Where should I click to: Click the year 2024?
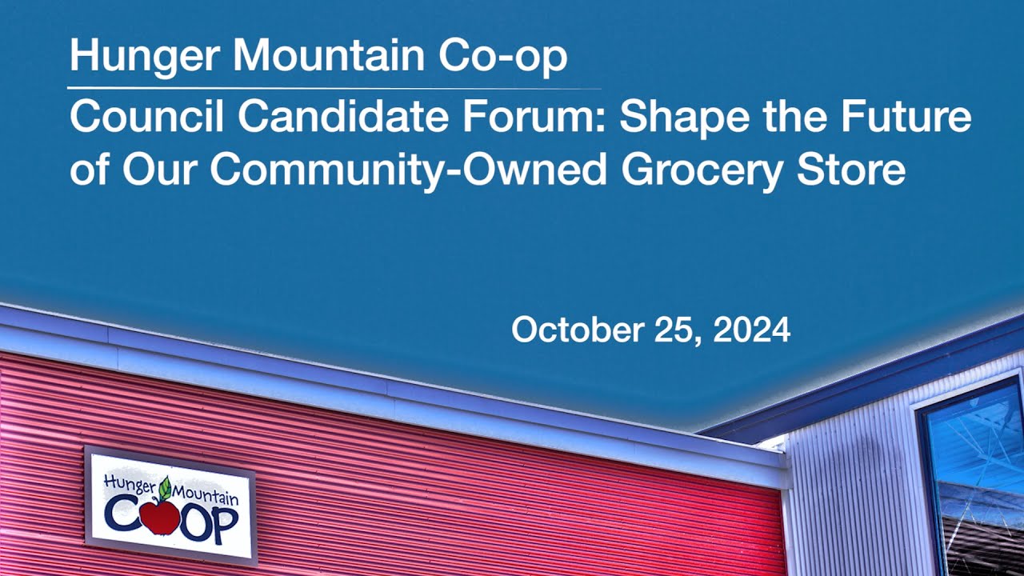click(751, 330)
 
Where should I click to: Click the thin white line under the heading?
click(334, 87)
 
